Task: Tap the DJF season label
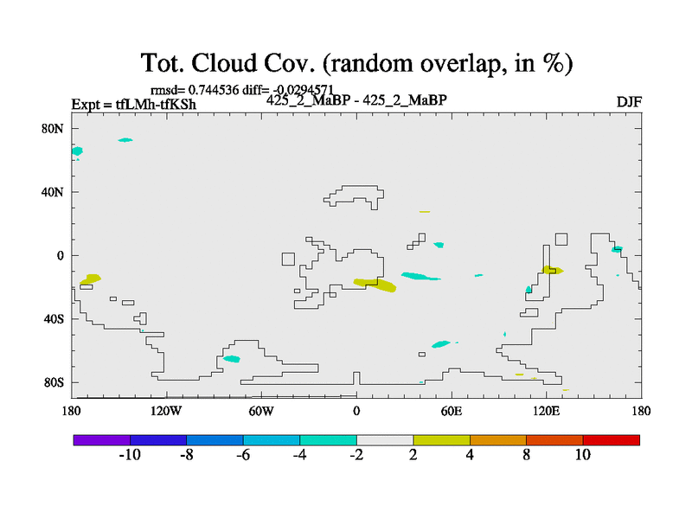tap(628, 102)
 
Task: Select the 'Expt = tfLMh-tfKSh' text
tap(134, 106)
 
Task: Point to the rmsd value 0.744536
tap(213, 90)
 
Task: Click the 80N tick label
tap(54, 128)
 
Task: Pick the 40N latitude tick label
tap(54, 192)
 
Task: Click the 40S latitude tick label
tap(54, 319)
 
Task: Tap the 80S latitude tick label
tap(54, 382)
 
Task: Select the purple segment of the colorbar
tap(102, 440)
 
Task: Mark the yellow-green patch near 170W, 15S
tap(90, 279)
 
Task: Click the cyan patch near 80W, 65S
tap(231, 358)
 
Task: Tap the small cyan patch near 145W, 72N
tap(125, 139)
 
